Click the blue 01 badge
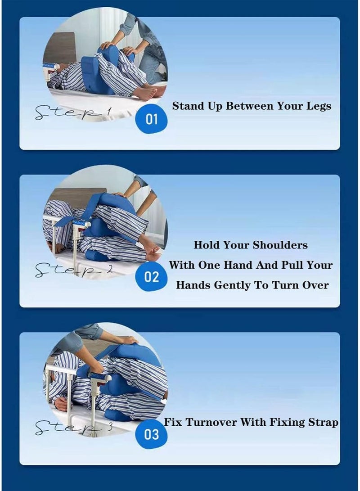(x=151, y=119)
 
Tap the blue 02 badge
(x=151, y=277)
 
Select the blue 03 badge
(x=152, y=434)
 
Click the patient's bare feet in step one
(x=148, y=92)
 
